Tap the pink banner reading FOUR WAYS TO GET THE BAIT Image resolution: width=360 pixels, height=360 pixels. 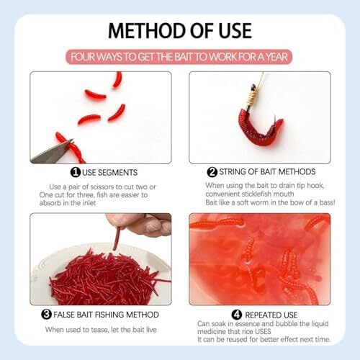(179, 57)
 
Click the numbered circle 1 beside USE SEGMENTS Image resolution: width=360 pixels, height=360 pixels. (76, 172)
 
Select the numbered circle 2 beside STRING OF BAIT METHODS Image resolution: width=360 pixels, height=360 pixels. (212, 172)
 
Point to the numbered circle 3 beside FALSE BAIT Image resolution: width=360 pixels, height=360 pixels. (46, 314)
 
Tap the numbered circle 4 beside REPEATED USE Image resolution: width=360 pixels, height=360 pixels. (237, 315)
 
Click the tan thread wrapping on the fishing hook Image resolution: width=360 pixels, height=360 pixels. (253, 97)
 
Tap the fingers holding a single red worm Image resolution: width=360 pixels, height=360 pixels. (142, 225)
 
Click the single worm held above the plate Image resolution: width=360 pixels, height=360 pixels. (117, 239)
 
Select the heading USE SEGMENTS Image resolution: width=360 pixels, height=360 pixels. (109, 173)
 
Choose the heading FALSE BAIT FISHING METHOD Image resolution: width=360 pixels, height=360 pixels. (106, 315)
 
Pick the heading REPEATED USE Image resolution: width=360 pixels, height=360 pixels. (271, 315)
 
